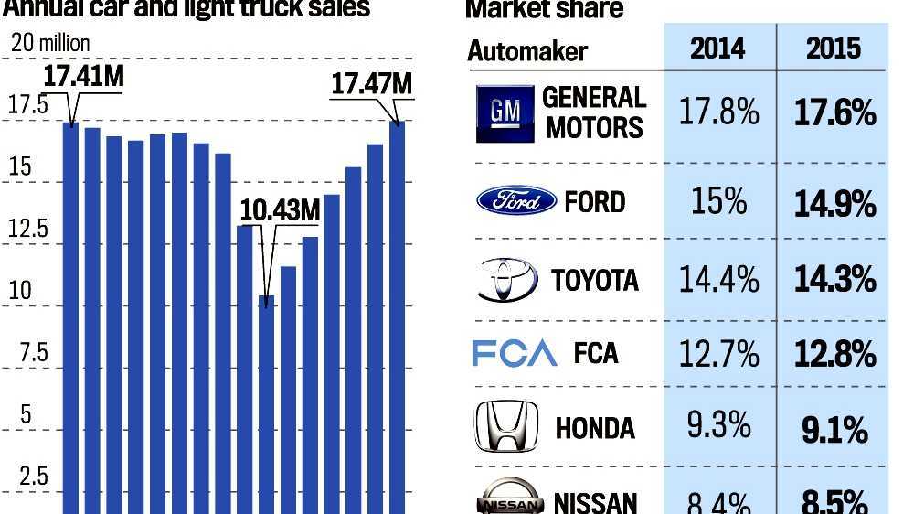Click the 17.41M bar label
pos(83,77)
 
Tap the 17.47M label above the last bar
pos(371,84)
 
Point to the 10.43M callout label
pos(280,210)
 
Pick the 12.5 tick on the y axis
pos(28,229)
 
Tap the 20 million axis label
pos(50,43)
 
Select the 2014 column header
pos(718,48)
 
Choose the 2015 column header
pos(833,48)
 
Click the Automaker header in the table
pos(527,50)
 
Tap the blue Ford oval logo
pos(516,200)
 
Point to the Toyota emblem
pos(507,279)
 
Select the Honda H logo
pos(503,427)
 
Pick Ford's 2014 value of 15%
pos(718,201)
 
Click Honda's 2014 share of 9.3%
pos(718,425)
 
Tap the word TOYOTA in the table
pos(594,280)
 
